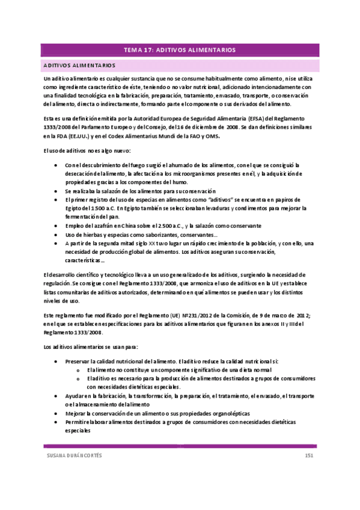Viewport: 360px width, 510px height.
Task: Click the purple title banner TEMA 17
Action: pyautogui.click(x=180, y=50)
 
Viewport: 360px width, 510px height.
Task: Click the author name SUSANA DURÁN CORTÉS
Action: pyautogui.click(x=75, y=456)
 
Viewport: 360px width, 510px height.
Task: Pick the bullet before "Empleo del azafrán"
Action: pyautogui.click(x=56, y=226)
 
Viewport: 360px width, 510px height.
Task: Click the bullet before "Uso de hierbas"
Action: pyautogui.click(x=56, y=235)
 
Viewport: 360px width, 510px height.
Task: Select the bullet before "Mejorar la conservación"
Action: pyautogui.click(x=56, y=414)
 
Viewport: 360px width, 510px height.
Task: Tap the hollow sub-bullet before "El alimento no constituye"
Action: pyautogui.click(x=79, y=370)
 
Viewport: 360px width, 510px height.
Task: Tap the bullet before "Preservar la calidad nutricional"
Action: pyautogui.click(x=56, y=362)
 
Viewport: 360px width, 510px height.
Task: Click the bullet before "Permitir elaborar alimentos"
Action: pyautogui.click(x=56, y=422)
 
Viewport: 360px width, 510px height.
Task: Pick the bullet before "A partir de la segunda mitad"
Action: pyautogui.click(x=56, y=243)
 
